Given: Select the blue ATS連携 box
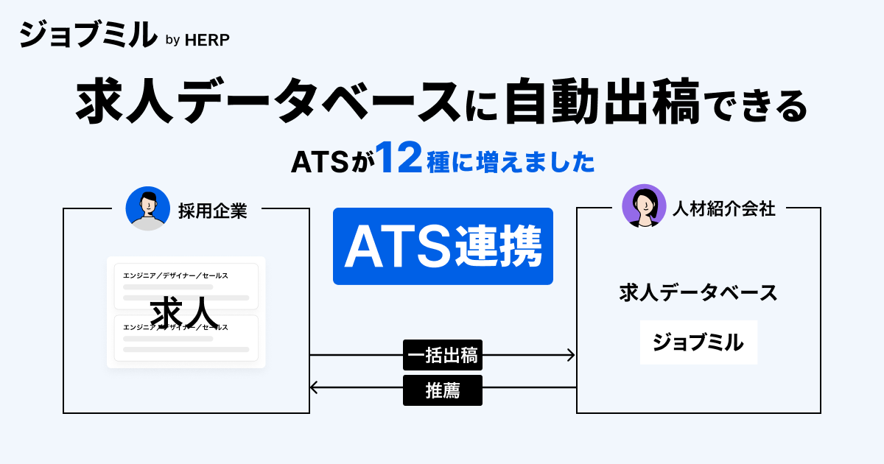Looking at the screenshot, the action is pos(443,246).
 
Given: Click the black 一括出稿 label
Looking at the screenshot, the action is pos(443,356).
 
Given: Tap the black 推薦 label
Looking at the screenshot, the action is pos(443,390).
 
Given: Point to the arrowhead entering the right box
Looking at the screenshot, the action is pos(571,356).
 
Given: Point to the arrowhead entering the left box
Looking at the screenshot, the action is pos(315,387).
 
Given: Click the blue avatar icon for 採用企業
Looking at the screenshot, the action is pos(147,208).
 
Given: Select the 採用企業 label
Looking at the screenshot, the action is pos(212,211).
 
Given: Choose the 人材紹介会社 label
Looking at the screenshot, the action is pos(723,209).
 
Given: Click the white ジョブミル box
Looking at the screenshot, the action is pos(698,342).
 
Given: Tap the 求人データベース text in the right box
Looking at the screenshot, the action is pos(698,293).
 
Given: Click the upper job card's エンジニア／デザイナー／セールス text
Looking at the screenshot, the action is pos(175,275).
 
